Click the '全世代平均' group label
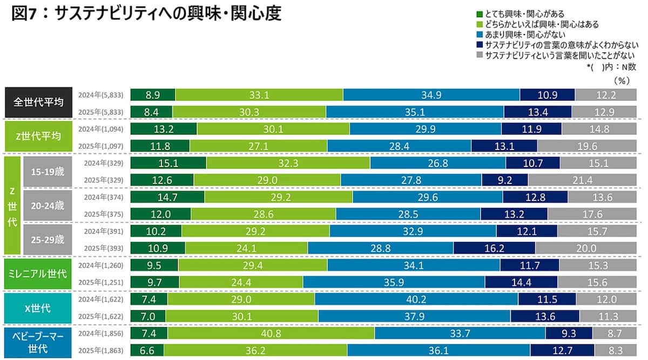pos(39,102)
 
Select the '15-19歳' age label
pos(47,172)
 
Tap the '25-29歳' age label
pos(47,239)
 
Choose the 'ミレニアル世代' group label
pos(39,273)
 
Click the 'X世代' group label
pos(39,308)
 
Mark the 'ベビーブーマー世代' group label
pos(39,342)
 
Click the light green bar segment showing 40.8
pos(271,334)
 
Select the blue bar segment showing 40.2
pos(416,299)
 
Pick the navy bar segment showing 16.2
pos(494,248)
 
